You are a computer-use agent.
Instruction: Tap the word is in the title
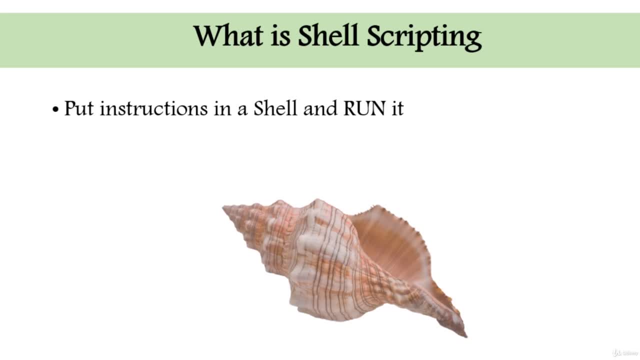tap(280, 36)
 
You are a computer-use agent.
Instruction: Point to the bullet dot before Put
tap(55, 109)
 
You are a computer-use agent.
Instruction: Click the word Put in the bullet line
tap(79, 108)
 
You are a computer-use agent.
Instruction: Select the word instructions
tap(153, 108)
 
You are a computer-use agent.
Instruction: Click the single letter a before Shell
tap(242, 110)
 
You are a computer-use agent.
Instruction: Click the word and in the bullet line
tap(320, 108)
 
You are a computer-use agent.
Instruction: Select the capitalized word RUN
tap(364, 108)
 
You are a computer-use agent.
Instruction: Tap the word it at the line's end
tap(397, 108)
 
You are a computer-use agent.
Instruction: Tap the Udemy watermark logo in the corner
tap(624, 353)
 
